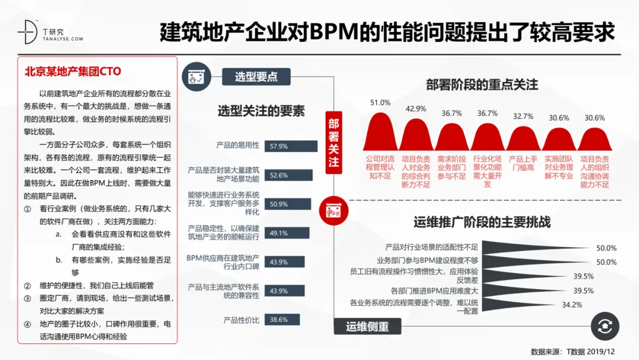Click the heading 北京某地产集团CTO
[72, 72]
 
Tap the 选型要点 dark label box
[255, 76]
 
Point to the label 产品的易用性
[238, 145]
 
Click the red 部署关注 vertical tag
[334, 142]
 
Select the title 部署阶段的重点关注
[482, 85]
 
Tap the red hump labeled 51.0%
[380, 131]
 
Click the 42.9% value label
[415, 108]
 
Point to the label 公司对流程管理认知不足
[380, 168]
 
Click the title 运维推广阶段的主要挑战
[482, 223]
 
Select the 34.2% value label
[572, 305]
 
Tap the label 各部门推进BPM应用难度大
[434, 291]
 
